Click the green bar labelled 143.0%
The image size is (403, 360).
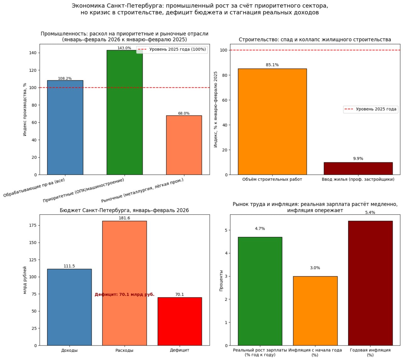click(x=124, y=112)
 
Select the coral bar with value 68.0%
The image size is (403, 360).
click(x=184, y=145)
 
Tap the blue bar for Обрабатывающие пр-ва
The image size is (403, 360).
click(x=65, y=127)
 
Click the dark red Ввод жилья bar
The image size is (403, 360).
click(x=358, y=169)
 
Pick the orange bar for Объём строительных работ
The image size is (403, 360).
click(x=272, y=121)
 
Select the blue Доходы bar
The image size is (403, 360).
click(x=69, y=307)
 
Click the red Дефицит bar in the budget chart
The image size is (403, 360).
click(x=179, y=321)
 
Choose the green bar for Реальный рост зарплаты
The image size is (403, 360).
click(x=260, y=291)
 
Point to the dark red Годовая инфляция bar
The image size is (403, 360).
click(x=370, y=283)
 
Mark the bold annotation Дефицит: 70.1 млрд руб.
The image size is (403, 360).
click(x=124, y=295)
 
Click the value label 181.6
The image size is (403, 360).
click(x=124, y=218)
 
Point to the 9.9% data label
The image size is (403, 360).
click(x=358, y=159)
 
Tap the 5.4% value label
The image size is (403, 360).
click(x=370, y=212)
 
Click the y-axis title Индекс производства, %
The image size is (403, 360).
click(x=25, y=110)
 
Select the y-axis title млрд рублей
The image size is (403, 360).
click(x=25, y=280)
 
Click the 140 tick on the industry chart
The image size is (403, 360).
click(x=32, y=53)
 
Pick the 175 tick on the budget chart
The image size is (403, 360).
click(x=32, y=225)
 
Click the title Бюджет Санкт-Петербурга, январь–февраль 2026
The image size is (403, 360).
click(x=124, y=210)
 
